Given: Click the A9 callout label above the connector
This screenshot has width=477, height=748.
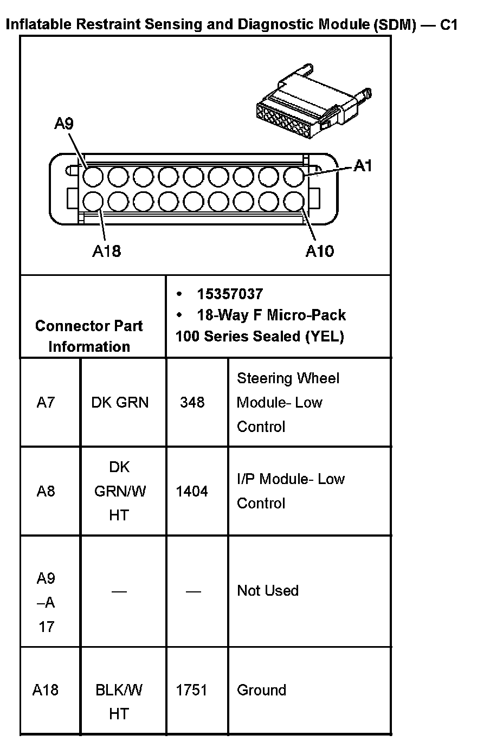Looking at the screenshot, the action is tap(63, 124).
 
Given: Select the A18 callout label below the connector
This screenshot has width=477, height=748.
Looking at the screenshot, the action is tap(106, 251).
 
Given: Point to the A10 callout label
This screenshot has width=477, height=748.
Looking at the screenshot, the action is tap(320, 251).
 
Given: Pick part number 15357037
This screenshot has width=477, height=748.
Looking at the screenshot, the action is tap(230, 294).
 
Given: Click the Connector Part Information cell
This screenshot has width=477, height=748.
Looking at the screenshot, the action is tap(89, 336).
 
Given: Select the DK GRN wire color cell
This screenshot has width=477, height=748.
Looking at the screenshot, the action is tap(120, 402).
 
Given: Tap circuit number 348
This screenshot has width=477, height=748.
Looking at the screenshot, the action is tap(192, 402).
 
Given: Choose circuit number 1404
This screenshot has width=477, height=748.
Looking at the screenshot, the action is tap(192, 491).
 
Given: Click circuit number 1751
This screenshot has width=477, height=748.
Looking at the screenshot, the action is tap(192, 690).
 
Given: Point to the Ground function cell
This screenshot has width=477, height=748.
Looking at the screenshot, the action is tap(261, 690).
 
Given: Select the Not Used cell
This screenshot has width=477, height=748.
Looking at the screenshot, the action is tap(268, 590).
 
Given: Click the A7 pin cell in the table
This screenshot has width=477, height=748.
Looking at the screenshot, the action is tap(46, 402).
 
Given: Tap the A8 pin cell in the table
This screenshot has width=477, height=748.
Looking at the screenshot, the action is tap(46, 491).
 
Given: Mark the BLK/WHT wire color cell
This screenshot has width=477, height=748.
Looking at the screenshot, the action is tap(119, 701).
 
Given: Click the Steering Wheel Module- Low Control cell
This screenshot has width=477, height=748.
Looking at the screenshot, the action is tap(287, 402).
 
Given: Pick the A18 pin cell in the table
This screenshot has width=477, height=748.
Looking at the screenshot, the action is tap(46, 690).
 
